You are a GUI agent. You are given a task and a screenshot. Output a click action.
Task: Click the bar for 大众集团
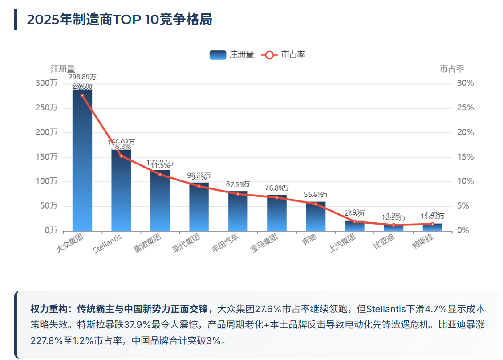[82, 160]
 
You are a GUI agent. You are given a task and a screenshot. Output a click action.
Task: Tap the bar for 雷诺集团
[160, 200]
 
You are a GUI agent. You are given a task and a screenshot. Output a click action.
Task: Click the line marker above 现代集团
[199, 186]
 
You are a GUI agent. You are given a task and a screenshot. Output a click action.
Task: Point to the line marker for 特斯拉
[432, 224]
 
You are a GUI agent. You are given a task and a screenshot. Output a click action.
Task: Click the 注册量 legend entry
[232, 55]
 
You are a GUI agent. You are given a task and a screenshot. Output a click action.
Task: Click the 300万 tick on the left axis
[47, 83]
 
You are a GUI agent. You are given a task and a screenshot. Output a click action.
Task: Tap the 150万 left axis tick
[47, 157]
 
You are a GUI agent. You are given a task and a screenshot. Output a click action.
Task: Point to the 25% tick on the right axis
[466, 108]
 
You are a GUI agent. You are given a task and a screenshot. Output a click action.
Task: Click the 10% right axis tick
[466, 181]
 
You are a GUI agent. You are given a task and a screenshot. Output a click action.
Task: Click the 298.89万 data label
[82, 77]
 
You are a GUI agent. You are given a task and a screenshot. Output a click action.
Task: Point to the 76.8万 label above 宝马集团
[277, 188]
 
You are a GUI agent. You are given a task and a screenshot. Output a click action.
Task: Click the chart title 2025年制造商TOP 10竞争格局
[119, 20]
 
